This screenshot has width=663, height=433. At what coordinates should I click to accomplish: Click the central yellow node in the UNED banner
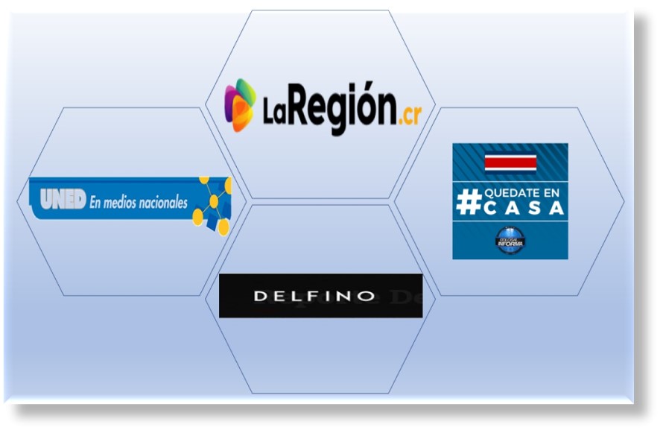tap(214, 200)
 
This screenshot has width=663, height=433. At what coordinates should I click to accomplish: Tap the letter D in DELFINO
tap(260, 296)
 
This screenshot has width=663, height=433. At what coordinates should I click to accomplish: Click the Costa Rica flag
tap(510, 162)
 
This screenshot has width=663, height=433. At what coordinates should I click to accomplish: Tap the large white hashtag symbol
tap(469, 202)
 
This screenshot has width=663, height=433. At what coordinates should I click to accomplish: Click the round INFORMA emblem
tap(510, 240)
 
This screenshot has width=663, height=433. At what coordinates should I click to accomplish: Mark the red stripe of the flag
tap(510, 162)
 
